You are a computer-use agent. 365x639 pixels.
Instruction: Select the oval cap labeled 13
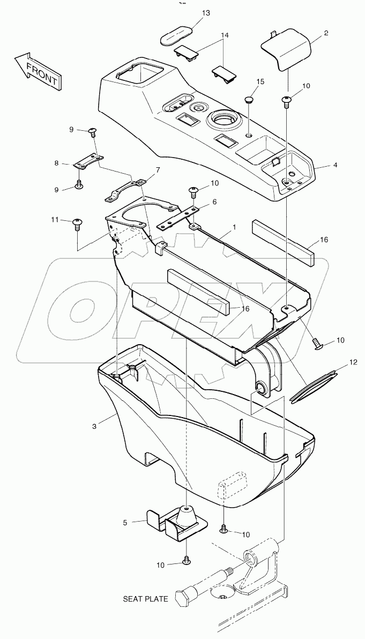177,36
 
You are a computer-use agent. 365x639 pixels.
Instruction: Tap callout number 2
326,33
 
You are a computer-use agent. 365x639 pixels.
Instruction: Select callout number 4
335,165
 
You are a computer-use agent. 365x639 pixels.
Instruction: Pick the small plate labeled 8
88,161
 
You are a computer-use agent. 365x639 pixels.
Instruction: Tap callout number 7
158,170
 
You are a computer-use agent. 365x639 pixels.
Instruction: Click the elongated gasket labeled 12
315,384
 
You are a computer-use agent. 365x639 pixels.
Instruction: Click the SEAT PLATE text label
145,599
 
